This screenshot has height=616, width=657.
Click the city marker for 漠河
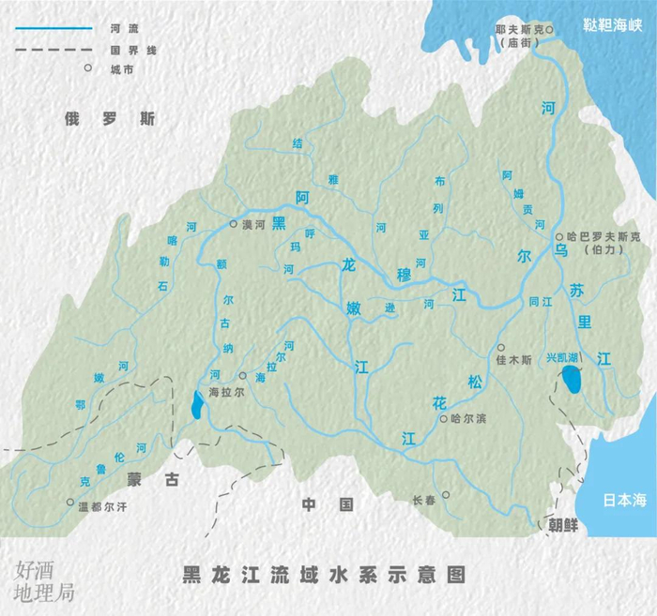(234, 224)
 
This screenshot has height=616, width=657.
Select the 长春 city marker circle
(446, 495)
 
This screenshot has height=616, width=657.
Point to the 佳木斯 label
(513, 359)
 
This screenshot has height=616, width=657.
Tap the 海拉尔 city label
(226, 392)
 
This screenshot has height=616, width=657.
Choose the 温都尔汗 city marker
(69, 503)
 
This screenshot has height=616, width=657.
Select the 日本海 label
(625, 500)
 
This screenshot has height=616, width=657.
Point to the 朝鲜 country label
(564, 525)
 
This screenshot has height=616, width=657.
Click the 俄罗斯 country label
(110, 119)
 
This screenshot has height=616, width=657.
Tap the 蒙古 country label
(152, 478)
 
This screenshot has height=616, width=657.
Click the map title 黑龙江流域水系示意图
(324, 573)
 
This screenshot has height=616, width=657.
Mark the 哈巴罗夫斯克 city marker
(559, 237)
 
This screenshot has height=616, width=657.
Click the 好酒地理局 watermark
(42, 580)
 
